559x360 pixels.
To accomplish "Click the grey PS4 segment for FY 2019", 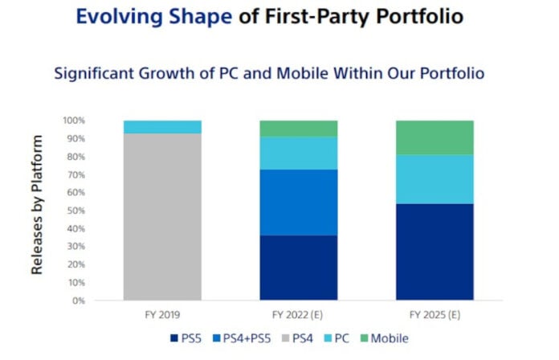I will (162, 217).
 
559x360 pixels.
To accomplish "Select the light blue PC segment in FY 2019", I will (162, 127).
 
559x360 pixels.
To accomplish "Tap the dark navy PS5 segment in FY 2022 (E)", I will (298, 268).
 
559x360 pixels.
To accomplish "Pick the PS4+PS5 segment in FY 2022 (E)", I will (298, 202).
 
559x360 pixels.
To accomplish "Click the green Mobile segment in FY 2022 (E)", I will (298, 129).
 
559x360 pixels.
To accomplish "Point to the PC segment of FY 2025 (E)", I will (435, 178).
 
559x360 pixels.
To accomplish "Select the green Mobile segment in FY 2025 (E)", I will (435, 137).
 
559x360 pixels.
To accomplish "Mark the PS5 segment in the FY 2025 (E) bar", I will (435, 252).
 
